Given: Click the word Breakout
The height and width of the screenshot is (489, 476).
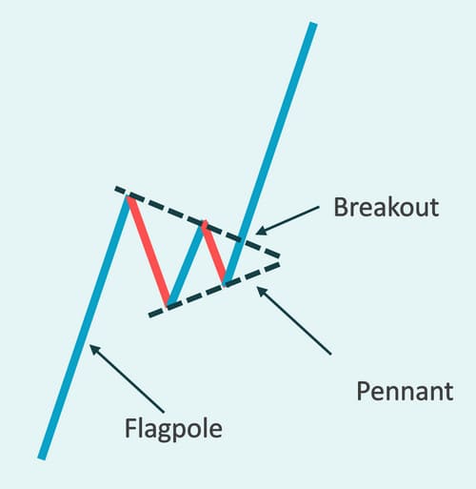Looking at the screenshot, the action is click(387, 207).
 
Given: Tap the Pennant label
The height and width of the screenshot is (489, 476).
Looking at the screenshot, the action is click(405, 391).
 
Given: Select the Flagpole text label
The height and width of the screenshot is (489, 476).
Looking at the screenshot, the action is click(173, 429).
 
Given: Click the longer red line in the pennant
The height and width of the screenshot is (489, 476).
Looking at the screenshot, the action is click(149, 252).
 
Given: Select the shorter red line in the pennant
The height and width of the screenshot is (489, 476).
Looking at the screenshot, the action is click(214, 253).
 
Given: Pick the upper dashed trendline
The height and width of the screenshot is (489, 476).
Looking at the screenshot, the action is click(197, 221).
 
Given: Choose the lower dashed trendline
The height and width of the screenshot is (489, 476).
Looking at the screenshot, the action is click(214, 290).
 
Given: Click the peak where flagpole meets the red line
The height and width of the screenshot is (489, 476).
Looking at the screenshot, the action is click(128, 197).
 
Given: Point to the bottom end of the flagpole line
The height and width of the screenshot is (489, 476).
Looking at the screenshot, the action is click(42, 458).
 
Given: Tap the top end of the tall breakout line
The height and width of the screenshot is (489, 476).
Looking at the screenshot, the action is click(313, 23).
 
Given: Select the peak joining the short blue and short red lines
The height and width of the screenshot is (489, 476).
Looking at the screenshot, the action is click(204, 222).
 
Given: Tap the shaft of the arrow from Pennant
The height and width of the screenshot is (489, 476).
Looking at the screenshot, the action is click(294, 321).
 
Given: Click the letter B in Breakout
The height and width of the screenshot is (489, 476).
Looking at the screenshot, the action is click(340, 207).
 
